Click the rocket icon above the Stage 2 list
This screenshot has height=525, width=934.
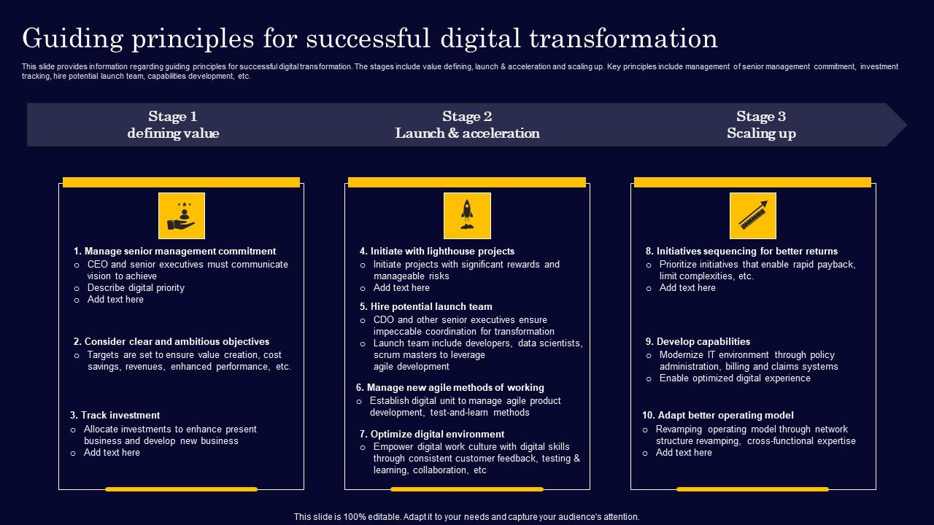[467, 215]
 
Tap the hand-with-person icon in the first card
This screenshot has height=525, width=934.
[181, 215]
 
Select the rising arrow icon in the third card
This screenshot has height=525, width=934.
[752, 215]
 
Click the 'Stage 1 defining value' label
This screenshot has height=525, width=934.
[173, 125]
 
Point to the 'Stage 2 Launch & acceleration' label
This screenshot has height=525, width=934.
[467, 125]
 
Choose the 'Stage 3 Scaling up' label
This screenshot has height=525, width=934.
[761, 125]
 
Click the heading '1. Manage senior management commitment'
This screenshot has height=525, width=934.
[174, 252]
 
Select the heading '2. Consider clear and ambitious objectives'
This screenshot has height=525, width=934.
[171, 342]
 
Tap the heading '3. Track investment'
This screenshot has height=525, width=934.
[115, 416]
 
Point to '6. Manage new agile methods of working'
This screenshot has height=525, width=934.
[449, 388]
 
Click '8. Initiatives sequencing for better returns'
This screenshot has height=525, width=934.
[741, 252]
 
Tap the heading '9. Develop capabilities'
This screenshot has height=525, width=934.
[698, 342]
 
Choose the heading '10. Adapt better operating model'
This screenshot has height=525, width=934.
[717, 416]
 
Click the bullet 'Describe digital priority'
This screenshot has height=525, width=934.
[136, 288]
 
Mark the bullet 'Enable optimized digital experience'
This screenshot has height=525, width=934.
[735, 378]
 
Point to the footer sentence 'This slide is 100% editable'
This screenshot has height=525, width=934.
[467, 517]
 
